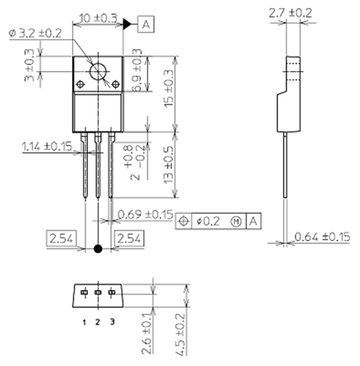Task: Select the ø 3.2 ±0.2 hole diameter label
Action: [x=35, y=34]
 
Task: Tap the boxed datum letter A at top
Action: [x=146, y=25]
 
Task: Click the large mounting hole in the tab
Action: [x=98, y=73]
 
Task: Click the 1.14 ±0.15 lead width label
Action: [x=46, y=146]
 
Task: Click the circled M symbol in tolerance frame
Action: [x=236, y=221]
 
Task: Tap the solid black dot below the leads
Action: [x=98, y=248]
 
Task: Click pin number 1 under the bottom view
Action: [x=85, y=322]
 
